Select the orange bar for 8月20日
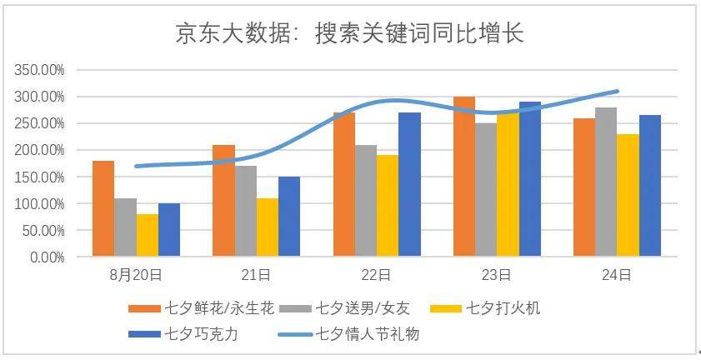103,208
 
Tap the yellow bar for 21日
267,227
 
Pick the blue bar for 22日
409,184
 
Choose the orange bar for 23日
464,176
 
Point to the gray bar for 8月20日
125,227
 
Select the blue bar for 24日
650,186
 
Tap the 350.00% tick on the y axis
40,70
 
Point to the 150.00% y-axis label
40,177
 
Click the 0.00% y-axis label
47,257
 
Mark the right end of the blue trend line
618,91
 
